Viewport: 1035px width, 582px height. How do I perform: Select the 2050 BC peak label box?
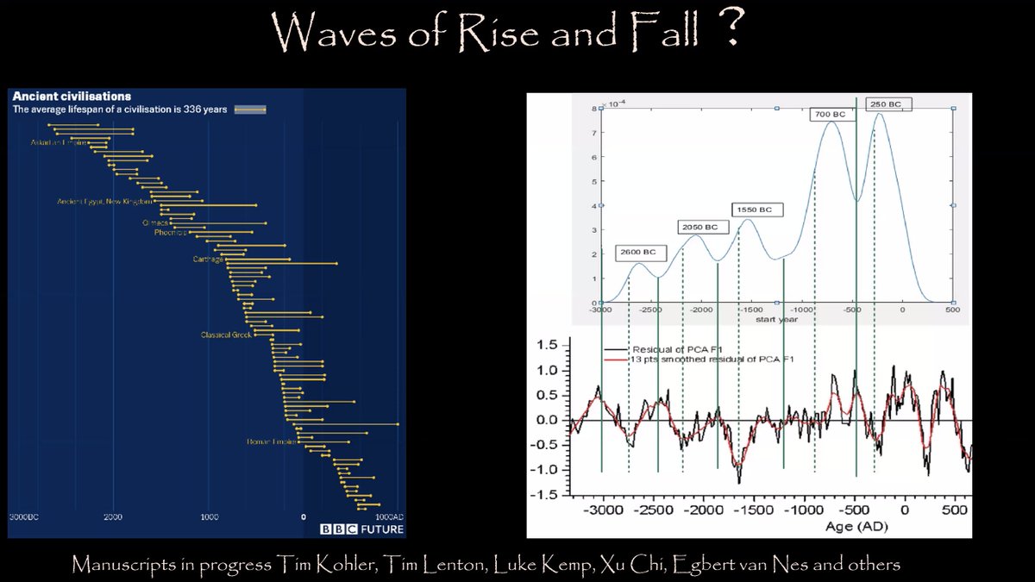tap(699, 227)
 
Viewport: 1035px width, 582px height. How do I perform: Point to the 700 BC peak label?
tap(827, 114)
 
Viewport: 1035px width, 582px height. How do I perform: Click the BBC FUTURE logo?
tap(361, 529)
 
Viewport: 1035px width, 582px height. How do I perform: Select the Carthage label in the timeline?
tap(208, 259)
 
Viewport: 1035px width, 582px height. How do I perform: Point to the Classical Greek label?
tap(226, 335)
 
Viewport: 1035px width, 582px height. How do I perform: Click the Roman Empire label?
tap(271, 442)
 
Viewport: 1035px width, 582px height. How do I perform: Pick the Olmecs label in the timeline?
tap(155, 222)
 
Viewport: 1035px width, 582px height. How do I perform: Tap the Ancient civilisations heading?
tap(71, 96)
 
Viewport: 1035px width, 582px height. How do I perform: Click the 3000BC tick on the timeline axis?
tap(24, 517)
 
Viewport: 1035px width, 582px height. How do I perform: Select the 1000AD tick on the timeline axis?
tap(386, 517)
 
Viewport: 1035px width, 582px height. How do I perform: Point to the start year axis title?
tap(775, 319)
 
